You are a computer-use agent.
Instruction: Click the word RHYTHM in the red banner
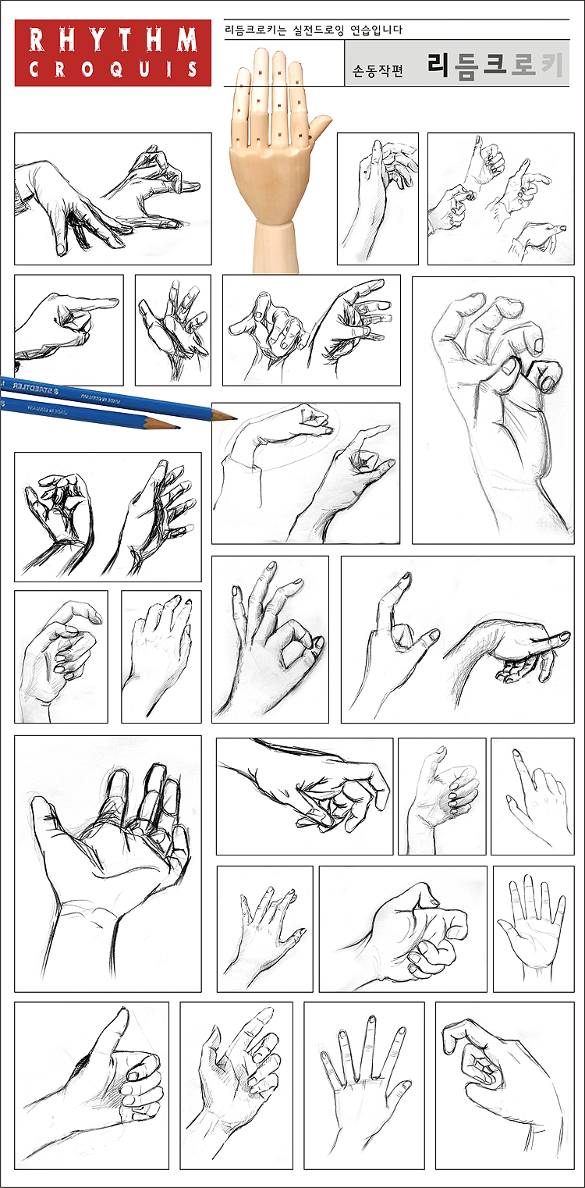coord(113,41)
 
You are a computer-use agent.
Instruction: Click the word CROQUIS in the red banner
coord(113,69)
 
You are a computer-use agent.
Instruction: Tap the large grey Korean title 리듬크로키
coord(495,65)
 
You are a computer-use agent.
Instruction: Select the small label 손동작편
coord(378,70)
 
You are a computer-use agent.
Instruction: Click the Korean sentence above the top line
coord(313,30)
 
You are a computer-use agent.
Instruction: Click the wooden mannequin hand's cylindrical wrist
coord(275,248)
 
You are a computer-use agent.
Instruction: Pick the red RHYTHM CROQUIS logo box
coord(113,53)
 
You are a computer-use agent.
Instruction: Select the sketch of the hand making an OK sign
coord(270,639)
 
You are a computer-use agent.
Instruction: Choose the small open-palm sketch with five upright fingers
coord(533,923)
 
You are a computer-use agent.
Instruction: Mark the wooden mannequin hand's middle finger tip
coord(278,55)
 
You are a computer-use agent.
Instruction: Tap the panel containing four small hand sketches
coord(501,198)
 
